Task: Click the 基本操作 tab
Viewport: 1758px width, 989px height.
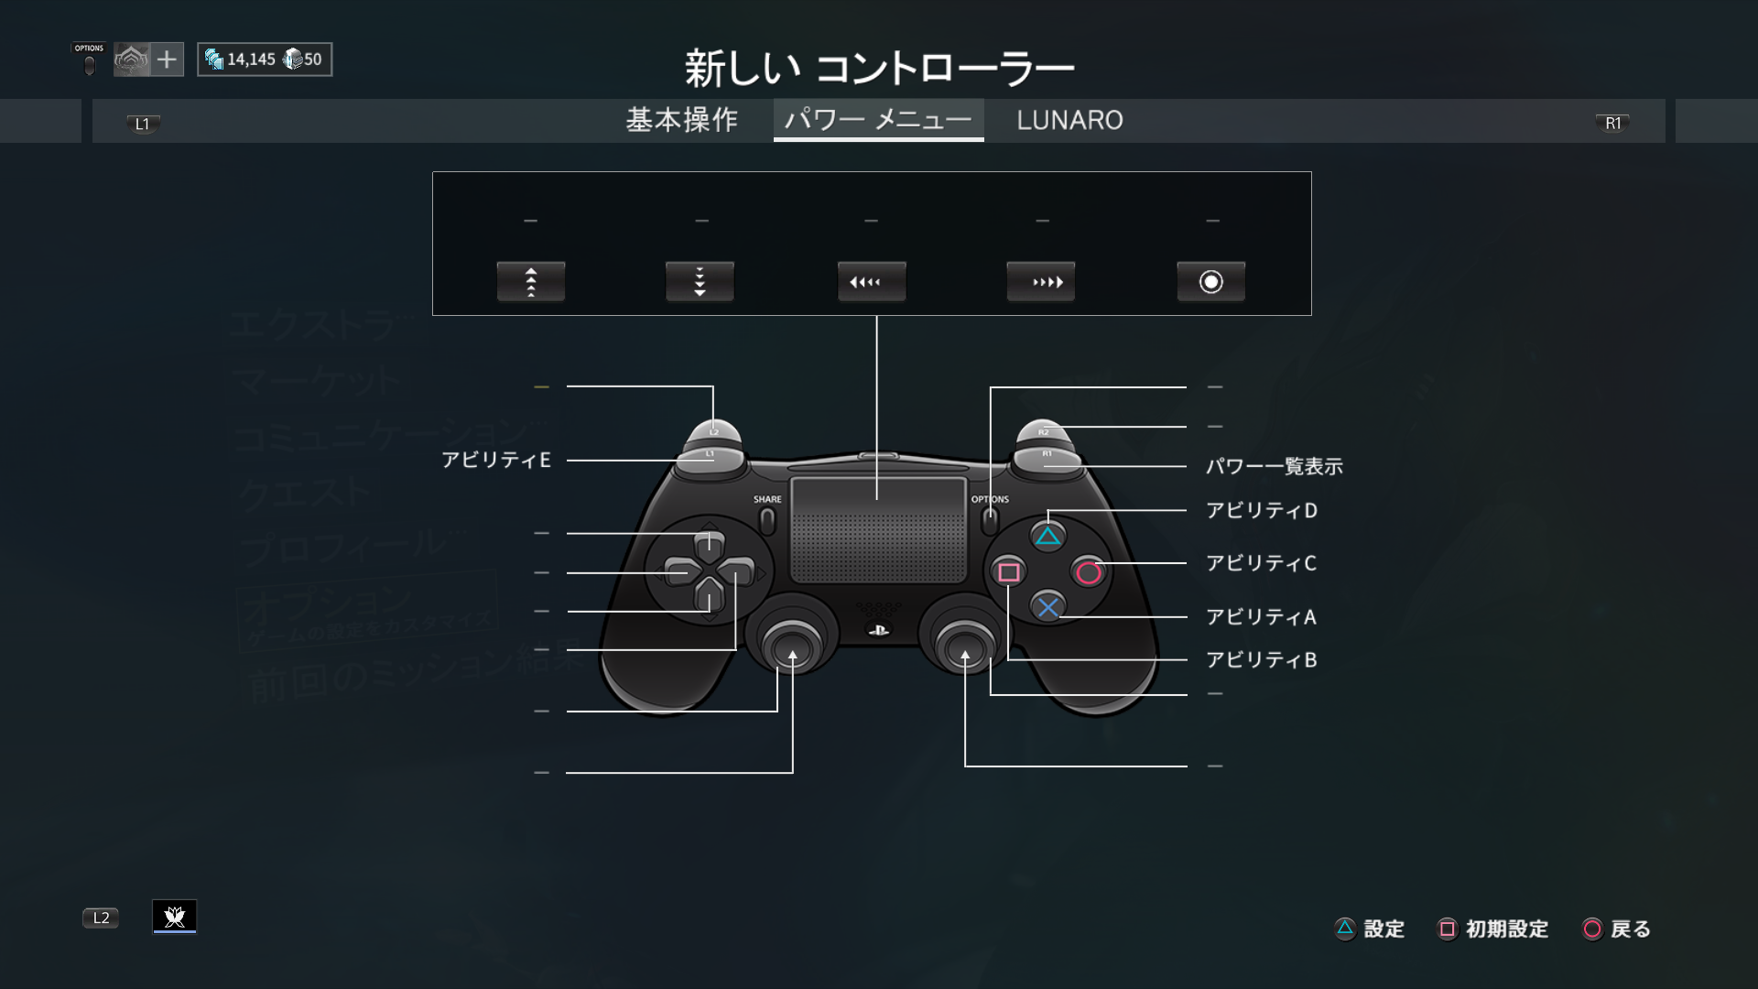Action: [681, 120]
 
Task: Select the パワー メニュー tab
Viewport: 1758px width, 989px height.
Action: [878, 120]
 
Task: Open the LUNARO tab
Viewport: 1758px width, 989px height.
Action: [1069, 120]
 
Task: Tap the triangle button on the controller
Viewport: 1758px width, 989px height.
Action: [1047, 537]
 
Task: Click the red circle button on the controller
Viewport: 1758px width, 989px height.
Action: [1089, 573]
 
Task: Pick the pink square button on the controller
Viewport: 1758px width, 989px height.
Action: [1008, 572]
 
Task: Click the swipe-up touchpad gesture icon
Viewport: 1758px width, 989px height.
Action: [531, 282]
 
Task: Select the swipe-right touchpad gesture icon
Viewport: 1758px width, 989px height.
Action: [1041, 282]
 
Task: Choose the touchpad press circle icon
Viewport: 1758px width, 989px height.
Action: [1210, 282]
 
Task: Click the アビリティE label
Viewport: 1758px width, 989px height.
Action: [496, 460]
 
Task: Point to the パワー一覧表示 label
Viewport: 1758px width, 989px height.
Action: [1274, 467]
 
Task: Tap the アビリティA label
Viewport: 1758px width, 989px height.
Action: [1261, 617]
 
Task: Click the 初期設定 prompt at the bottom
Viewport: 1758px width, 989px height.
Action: [1494, 929]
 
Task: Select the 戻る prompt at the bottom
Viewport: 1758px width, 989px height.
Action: [1617, 929]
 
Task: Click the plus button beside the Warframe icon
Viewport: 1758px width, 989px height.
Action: [167, 60]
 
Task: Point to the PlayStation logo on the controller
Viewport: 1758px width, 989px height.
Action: [878, 630]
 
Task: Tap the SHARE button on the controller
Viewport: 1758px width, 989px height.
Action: [767, 520]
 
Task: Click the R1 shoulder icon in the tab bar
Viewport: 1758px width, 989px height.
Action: [1612, 124]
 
